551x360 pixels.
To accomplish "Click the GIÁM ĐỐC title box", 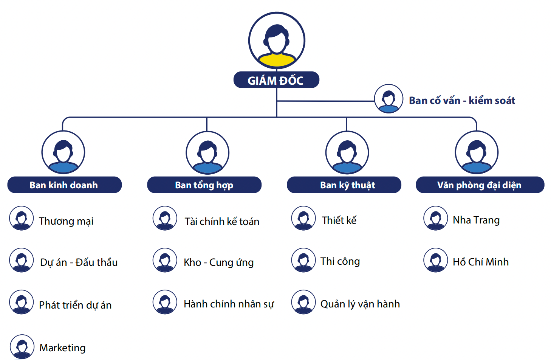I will [276, 80].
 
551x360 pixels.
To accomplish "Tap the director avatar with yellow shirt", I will [277, 40].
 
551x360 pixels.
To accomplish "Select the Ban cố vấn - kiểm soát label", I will [462, 101].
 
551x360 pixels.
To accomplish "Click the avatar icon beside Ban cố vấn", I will [388, 99].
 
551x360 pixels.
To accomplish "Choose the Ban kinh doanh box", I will [65, 185].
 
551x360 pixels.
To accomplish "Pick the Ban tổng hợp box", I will [204, 185].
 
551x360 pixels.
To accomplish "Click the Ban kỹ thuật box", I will [344, 185].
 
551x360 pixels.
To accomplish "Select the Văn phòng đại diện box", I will [480, 185].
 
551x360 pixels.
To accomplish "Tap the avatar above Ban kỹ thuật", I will [347, 153].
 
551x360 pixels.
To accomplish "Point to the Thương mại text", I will [66, 221].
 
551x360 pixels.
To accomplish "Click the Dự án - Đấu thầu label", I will [79, 262].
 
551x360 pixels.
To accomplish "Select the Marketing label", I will [62, 348].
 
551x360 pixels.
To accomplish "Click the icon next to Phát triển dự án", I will [22, 302].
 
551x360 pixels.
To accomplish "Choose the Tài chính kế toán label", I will [222, 221].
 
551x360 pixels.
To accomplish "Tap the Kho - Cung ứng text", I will [218, 262].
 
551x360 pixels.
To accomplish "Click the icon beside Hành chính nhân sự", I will [165, 302].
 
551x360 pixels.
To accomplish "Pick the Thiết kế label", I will [339, 220].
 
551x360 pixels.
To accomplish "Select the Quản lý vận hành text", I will [360, 304].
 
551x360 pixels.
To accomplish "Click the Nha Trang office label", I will [476, 220].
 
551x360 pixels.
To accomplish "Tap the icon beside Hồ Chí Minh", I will [436, 260].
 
